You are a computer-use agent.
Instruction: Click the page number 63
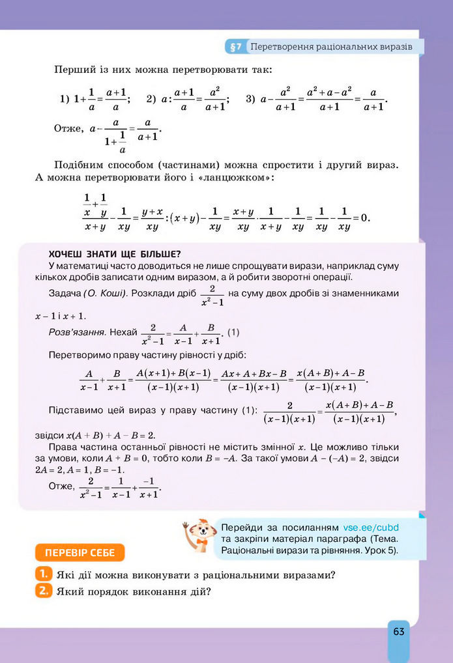click(x=399, y=631)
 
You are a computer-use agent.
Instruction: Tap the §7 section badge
click(x=235, y=47)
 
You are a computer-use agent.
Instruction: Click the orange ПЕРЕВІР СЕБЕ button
click(x=80, y=553)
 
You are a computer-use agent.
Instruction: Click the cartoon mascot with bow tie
click(x=199, y=535)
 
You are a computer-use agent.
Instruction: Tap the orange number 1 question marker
click(x=42, y=574)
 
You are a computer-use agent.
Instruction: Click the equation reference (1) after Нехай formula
click(x=233, y=333)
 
